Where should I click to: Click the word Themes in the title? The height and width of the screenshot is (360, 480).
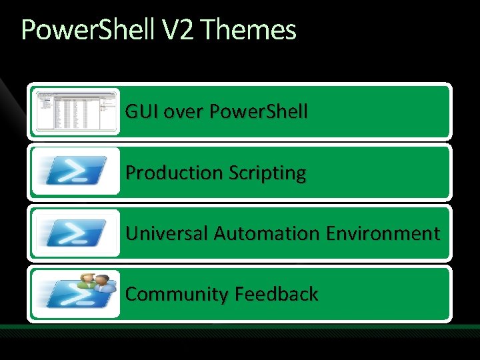tap(247, 30)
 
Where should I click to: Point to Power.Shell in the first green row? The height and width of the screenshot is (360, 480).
tap(259, 112)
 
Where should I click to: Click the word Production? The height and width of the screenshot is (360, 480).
tap(175, 173)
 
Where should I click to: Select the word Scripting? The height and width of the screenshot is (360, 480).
tap(267, 173)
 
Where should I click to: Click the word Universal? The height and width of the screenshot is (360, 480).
tap(167, 233)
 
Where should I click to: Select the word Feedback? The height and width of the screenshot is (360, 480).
tap(280, 294)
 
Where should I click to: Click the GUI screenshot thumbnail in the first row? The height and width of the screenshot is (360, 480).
tap(75, 111)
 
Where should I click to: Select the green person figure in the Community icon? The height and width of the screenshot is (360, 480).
tap(87, 281)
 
